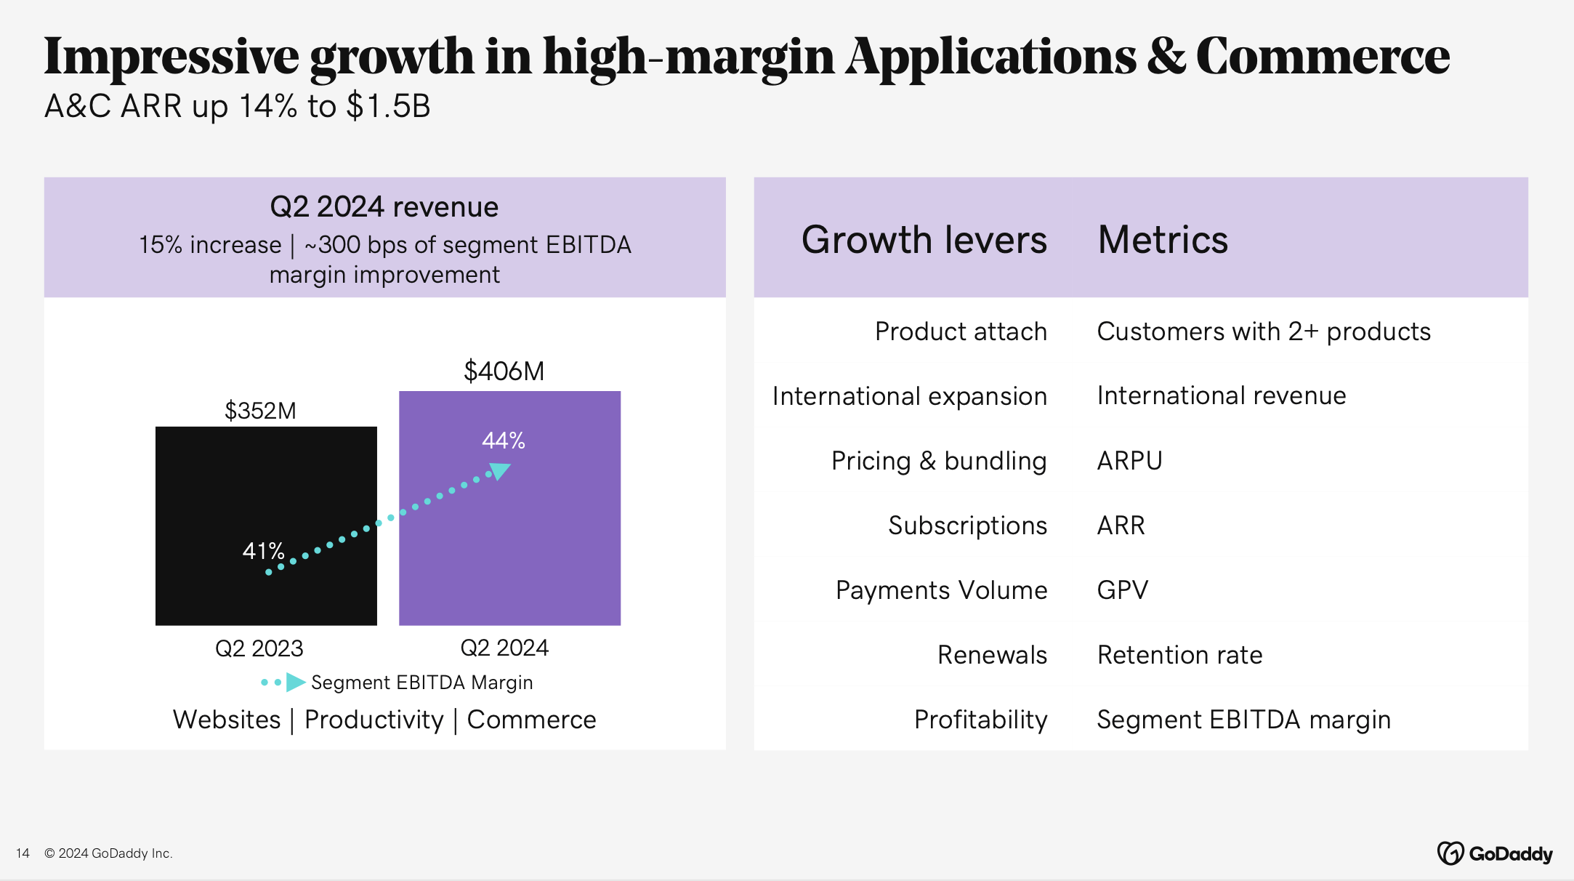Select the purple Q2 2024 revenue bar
(552, 552)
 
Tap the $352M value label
(260, 411)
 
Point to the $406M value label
(504, 371)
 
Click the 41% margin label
(263, 551)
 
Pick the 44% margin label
(504, 441)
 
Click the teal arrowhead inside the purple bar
(501, 472)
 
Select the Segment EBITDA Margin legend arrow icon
(294, 682)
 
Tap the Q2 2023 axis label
(259, 648)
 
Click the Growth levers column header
(924, 240)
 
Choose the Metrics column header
(1163, 240)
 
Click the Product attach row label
(961, 331)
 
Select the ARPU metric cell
(1129, 461)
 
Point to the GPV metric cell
(1123, 590)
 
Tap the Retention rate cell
(1179, 655)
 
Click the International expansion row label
(909, 396)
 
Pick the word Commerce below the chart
(531, 720)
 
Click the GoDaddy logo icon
(1450, 853)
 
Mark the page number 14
(23, 853)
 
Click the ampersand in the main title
(1166, 57)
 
